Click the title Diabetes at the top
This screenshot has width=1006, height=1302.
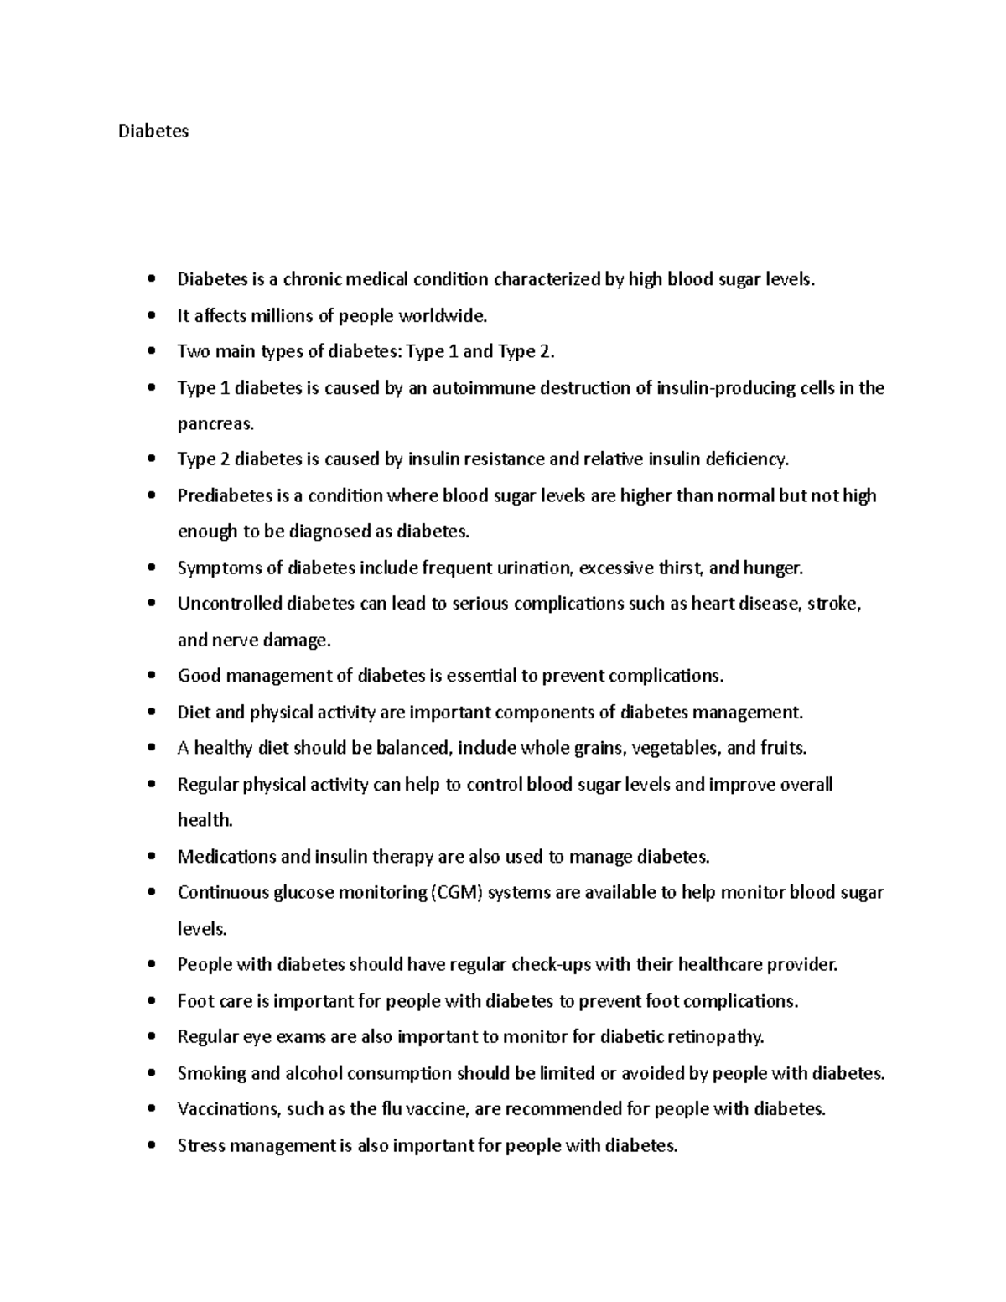click(153, 132)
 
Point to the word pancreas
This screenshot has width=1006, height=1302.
click(215, 424)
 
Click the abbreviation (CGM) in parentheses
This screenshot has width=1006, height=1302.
click(457, 893)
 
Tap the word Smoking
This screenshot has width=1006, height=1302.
click(210, 1074)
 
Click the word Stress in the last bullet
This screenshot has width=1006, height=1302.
click(200, 1146)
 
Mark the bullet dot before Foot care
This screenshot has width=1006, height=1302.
click(151, 1002)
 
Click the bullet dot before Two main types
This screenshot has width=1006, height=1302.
click(151, 353)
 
